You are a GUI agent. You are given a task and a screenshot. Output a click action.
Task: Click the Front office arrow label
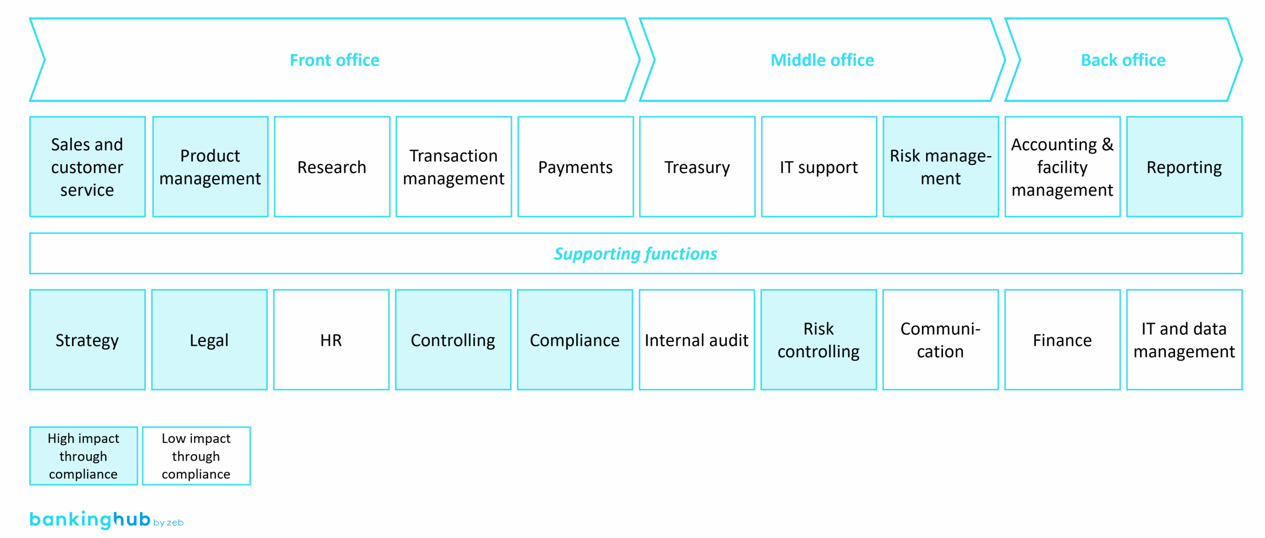[x=334, y=60]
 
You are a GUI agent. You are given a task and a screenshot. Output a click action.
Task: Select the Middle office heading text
[x=822, y=60]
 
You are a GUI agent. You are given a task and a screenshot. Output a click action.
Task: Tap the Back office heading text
[x=1123, y=60]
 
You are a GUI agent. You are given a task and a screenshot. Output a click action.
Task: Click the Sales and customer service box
[x=87, y=167]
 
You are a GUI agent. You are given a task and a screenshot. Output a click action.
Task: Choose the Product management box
[x=210, y=167]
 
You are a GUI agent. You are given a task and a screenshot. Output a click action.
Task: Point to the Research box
[x=332, y=167]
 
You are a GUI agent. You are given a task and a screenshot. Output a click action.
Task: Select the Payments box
[x=575, y=167]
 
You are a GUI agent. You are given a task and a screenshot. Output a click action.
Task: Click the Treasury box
[x=697, y=167]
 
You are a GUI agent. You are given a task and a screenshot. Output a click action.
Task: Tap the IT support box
[x=819, y=167]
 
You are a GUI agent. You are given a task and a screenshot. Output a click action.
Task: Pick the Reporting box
[x=1184, y=167]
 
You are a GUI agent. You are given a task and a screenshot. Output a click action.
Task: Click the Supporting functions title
[x=635, y=253]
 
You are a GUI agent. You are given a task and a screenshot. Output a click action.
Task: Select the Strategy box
[x=87, y=340]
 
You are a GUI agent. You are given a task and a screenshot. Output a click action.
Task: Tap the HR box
[x=331, y=340]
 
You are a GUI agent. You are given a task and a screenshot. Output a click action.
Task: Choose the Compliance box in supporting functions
[x=575, y=340]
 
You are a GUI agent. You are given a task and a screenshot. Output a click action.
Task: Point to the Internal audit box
[x=696, y=340]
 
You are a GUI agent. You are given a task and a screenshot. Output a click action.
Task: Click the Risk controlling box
[x=818, y=340]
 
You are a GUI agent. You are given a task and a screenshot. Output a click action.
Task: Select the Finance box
[x=1062, y=340]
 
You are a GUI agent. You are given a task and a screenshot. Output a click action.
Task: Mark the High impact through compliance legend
[x=84, y=455]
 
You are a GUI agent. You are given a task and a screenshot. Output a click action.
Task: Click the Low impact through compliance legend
[x=196, y=455]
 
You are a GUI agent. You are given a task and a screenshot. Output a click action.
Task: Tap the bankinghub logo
[x=90, y=519]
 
